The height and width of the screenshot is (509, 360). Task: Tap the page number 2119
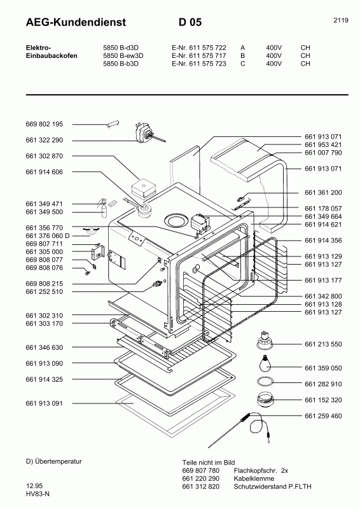340,20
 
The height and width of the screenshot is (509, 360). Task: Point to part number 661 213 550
323,344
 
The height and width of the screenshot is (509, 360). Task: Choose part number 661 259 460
323,416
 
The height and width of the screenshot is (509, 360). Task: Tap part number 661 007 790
323,153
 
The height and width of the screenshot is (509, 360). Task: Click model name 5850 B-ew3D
123,55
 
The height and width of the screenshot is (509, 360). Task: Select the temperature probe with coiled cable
254,422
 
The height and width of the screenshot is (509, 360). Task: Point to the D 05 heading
190,23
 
